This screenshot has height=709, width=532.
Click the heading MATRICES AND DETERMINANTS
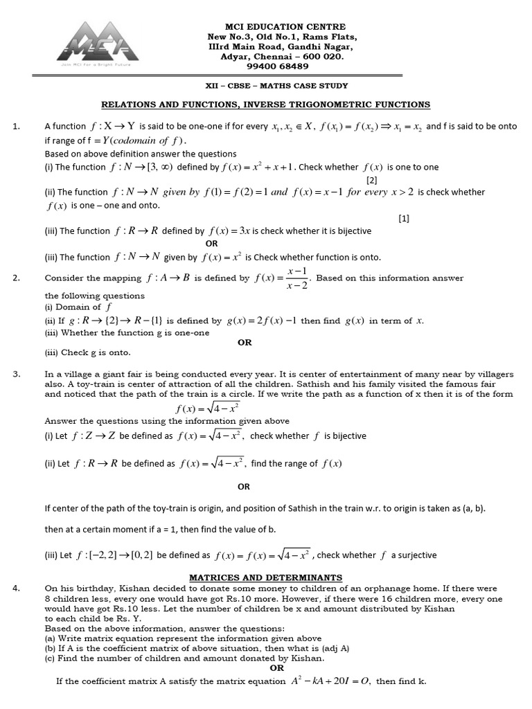pos(266,577)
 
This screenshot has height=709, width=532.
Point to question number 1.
pos(17,127)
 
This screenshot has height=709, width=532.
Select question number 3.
pos(17,374)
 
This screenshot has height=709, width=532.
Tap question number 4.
pos(17,589)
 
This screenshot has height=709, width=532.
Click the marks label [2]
pos(371,179)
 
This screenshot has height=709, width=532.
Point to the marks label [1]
pos(404,218)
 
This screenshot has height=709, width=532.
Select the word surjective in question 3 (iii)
pos(417,555)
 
